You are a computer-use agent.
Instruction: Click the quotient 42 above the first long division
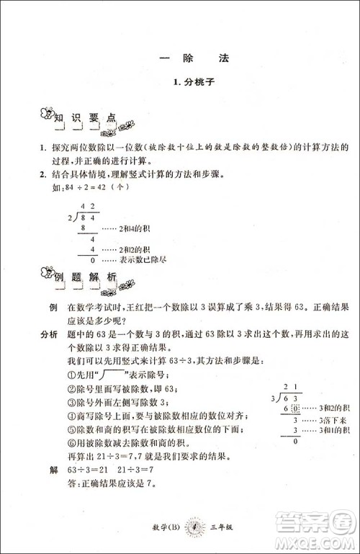tap(86, 207)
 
